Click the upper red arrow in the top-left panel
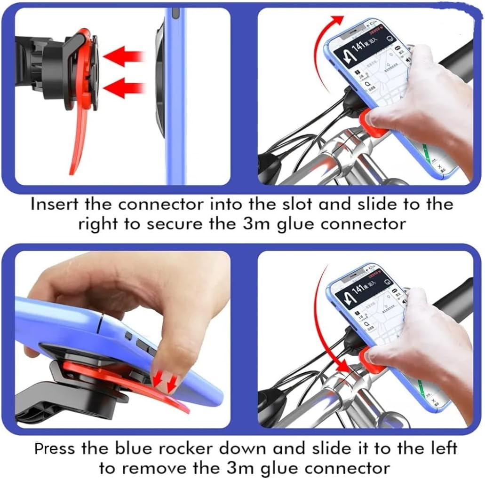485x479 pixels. tap(124, 57)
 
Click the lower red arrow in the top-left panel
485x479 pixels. tap(124, 87)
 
